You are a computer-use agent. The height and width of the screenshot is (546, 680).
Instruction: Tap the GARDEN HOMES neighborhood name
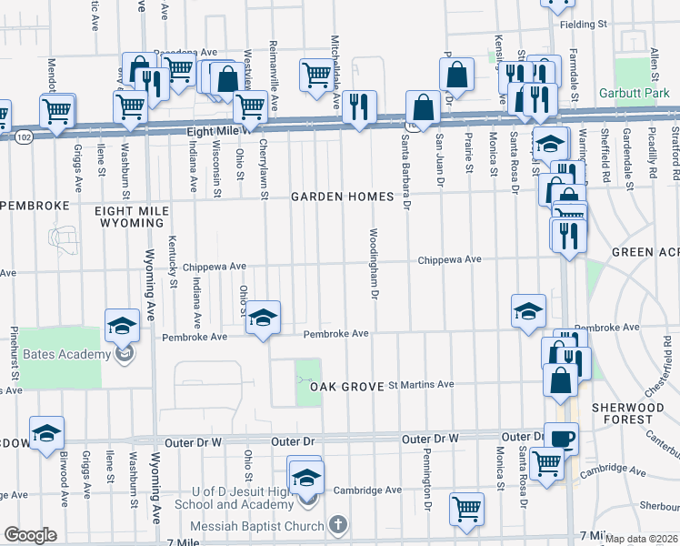click(342, 197)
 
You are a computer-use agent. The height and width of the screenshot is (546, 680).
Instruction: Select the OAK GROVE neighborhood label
click(345, 387)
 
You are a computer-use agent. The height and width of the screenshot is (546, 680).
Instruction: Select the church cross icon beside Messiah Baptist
click(337, 525)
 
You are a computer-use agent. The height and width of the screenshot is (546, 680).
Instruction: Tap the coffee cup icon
click(561, 438)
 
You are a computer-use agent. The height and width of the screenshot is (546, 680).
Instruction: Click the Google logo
click(30, 535)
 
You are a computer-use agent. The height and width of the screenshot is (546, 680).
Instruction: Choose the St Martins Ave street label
click(421, 385)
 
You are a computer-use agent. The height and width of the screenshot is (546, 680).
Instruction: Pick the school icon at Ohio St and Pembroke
click(264, 318)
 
